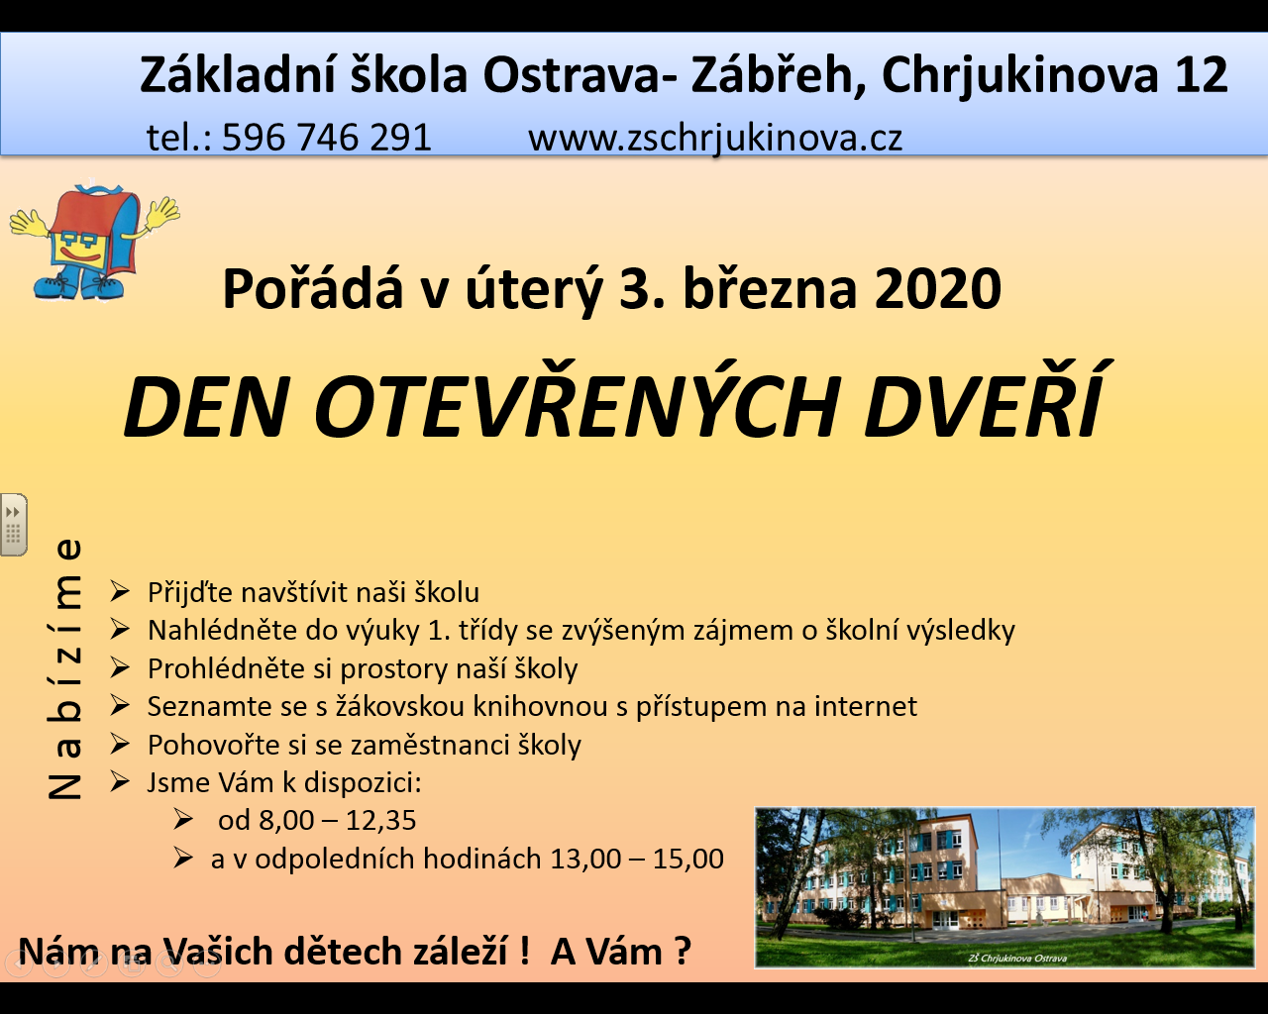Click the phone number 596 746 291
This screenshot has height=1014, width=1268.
click(327, 138)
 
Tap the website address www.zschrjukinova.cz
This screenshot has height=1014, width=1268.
click(714, 139)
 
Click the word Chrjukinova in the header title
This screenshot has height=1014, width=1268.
click(1020, 75)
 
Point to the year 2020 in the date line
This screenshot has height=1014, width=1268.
click(937, 288)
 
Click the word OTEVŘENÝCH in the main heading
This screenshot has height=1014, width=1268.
click(576, 403)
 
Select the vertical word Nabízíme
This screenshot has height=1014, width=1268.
click(64, 668)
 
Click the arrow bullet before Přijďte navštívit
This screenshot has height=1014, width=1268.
click(120, 591)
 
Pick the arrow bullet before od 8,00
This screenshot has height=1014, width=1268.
click(183, 820)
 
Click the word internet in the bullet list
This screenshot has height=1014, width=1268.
click(866, 706)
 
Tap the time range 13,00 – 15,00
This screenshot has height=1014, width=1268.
click(637, 859)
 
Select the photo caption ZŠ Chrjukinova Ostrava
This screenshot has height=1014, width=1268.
click(1017, 958)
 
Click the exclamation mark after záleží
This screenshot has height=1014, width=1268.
click(525, 951)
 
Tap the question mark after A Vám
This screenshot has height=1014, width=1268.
click(683, 951)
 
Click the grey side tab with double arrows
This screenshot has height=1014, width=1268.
click(14, 525)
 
